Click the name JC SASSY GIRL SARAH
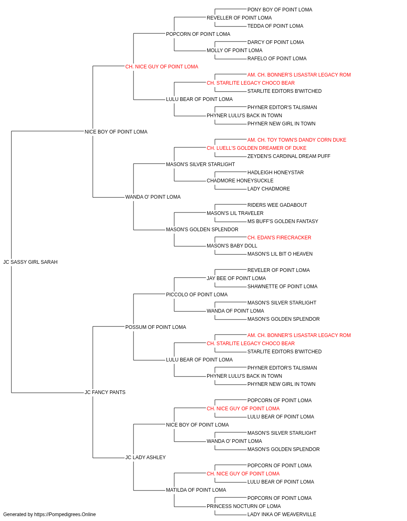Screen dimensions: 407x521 (31, 262)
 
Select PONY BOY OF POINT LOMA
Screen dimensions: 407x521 (280, 10)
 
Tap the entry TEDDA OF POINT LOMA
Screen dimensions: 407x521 (275, 26)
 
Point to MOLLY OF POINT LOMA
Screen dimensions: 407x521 (234, 50)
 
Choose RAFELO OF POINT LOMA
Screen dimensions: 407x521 (277, 59)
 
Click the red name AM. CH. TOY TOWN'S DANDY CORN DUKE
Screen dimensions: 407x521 (297, 140)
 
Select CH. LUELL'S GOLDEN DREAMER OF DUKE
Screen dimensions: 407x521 (256, 148)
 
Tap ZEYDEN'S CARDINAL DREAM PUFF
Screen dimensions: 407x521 (289, 156)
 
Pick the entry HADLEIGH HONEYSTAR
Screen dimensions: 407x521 (276, 173)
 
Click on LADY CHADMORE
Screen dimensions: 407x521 (269, 189)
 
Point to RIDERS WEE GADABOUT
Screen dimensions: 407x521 (277, 205)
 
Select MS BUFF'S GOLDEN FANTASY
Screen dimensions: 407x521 (282, 221)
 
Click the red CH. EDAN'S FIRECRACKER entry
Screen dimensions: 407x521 (279, 238)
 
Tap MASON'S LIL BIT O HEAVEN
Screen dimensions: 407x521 (280, 254)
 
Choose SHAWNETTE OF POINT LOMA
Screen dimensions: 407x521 (282, 287)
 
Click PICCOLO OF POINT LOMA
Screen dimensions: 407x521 (197, 295)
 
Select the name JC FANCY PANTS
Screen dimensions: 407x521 (105, 392)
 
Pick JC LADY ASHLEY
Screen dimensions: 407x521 (145, 458)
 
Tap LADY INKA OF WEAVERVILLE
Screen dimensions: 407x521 (282, 514)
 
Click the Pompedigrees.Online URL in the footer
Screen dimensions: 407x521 (65, 514)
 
